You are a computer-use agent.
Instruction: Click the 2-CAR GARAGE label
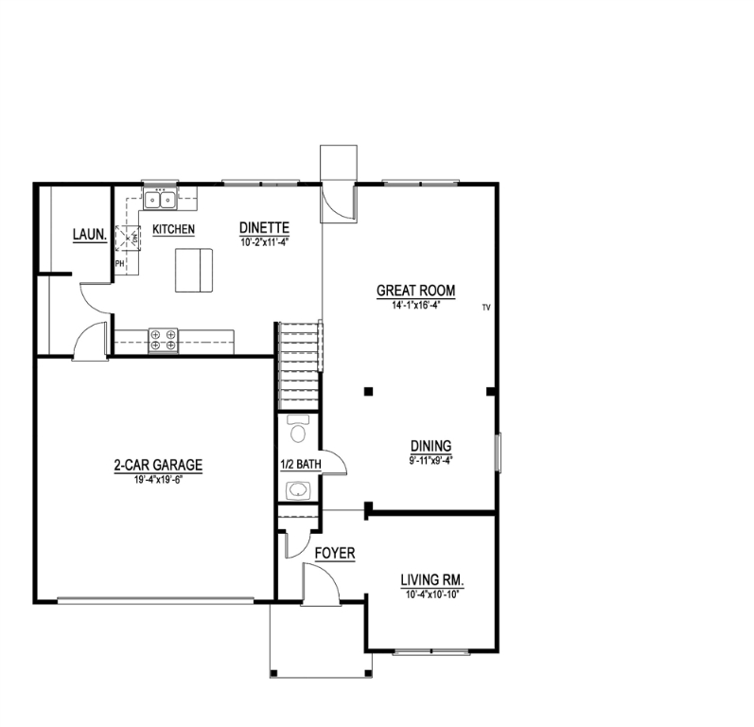159,465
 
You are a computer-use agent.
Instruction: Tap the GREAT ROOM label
416,291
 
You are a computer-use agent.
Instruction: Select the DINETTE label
263,227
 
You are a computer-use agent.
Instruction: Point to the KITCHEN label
174,229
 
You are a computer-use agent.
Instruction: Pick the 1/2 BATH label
301,464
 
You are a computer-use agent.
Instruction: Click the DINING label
430,446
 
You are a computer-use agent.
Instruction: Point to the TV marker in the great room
486,307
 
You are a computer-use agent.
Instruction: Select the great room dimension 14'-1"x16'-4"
416,305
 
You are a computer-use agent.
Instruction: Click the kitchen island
194,271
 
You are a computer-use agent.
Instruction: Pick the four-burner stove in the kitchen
163,340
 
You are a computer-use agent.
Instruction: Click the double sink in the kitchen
160,200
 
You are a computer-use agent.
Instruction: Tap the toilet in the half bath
299,432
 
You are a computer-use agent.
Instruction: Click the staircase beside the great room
299,364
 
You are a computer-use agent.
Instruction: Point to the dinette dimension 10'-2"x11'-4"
263,240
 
